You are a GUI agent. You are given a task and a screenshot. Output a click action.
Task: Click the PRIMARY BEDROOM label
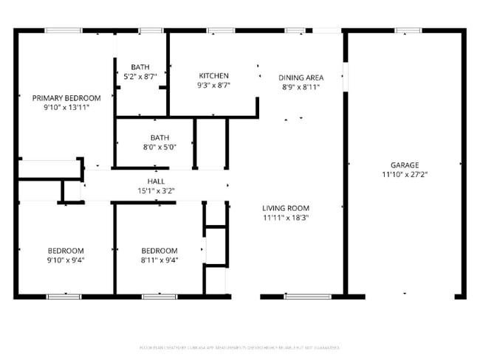66,98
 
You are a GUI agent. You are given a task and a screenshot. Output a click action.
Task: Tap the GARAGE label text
405,165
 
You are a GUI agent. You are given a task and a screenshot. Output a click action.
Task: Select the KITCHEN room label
214,75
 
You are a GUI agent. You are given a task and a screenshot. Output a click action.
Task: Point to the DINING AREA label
301,77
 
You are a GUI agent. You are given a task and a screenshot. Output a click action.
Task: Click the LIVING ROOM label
286,208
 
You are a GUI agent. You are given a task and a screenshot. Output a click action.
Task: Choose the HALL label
156,181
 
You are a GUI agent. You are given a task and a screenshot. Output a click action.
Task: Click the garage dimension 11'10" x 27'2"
405,175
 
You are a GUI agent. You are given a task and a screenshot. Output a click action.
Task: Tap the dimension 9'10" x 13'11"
66,108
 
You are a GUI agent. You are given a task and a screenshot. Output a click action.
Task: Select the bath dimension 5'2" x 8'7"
140,76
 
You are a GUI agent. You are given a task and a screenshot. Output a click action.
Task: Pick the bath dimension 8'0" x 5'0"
160,147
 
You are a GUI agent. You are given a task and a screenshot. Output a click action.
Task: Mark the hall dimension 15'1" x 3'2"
156,190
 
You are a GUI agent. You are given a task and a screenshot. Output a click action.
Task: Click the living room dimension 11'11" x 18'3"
286,218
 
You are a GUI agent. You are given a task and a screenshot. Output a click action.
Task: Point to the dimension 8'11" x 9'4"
160,260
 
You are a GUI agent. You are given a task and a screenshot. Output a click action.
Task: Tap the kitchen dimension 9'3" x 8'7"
214,86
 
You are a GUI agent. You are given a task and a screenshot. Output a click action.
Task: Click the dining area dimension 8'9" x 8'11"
301,87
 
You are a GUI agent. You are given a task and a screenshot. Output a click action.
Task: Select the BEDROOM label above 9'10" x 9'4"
66,250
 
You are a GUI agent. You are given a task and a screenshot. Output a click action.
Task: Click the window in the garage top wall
408,30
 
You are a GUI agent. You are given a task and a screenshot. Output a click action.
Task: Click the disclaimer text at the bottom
239,347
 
